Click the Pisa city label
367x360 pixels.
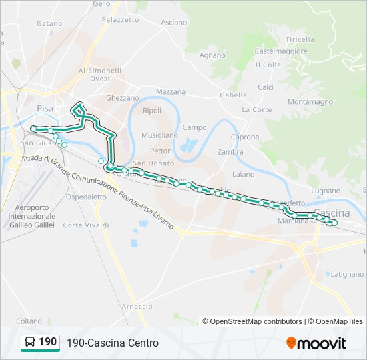click(x=45, y=107)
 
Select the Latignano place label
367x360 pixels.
click(x=347, y=274)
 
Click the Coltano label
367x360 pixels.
click(x=29, y=321)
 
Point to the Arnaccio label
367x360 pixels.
click(x=137, y=306)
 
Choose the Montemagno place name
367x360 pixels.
click(x=310, y=101)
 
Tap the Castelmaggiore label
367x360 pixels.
click(x=281, y=51)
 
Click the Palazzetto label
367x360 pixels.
click(x=120, y=20)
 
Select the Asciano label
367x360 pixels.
click(x=174, y=22)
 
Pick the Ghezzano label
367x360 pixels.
click(x=122, y=97)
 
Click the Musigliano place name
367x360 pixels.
click(x=159, y=135)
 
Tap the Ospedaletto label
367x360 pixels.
click(x=86, y=197)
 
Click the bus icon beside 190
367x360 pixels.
click(x=30, y=342)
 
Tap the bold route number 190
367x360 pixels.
click(x=47, y=342)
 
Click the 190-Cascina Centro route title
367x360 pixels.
click(x=112, y=343)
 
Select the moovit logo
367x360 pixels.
click(x=316, y=343)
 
